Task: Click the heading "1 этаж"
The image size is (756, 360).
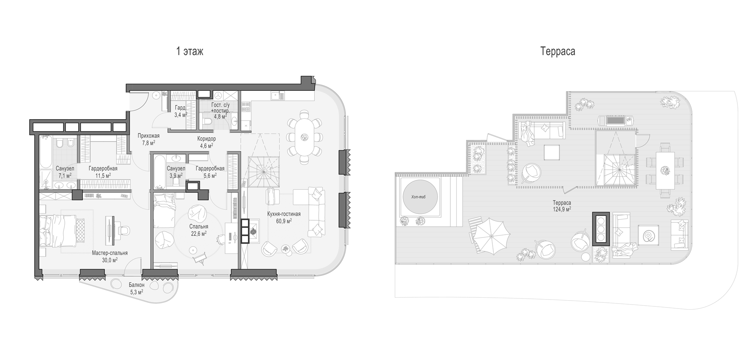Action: click(189, 51)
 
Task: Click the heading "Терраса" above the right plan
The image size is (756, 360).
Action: click(558, 51)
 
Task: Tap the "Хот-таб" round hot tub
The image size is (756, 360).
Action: click(420, 197)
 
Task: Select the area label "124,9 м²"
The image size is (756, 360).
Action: click(562, 209)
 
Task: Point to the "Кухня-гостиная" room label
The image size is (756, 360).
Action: click(284, 214)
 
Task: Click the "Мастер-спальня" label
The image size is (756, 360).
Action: click(110, 253)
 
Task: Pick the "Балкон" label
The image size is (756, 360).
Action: click(136, 285)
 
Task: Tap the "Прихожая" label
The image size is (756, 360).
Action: click(148, 136)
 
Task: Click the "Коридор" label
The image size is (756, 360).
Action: click(207, 139)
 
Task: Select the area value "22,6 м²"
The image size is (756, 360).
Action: click(199, 234)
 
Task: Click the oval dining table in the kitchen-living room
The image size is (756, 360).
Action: click(305, 137)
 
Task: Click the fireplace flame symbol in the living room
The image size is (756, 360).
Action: click(254, 231)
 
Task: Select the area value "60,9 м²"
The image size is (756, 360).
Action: click(284, 221)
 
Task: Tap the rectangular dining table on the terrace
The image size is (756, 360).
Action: click(665, 171)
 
